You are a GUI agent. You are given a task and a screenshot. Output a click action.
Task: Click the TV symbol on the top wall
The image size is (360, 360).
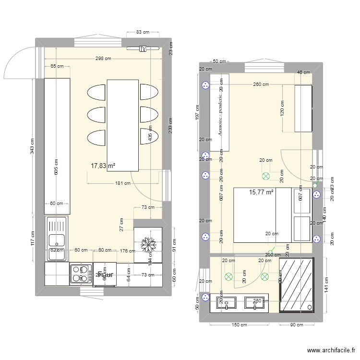(143, 48)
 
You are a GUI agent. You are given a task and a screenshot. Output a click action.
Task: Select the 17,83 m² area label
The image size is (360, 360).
(103, 166)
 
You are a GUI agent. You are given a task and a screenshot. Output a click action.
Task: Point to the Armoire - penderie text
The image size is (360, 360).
(220, 113)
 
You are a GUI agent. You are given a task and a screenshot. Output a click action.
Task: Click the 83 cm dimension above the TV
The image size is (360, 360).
(143, 32)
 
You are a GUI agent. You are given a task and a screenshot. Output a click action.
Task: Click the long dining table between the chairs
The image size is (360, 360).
(123, 125)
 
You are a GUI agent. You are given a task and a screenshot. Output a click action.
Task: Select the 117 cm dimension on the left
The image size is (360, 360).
(32, 238)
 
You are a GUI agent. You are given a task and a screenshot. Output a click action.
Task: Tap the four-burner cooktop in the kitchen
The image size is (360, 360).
(80, 275)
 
